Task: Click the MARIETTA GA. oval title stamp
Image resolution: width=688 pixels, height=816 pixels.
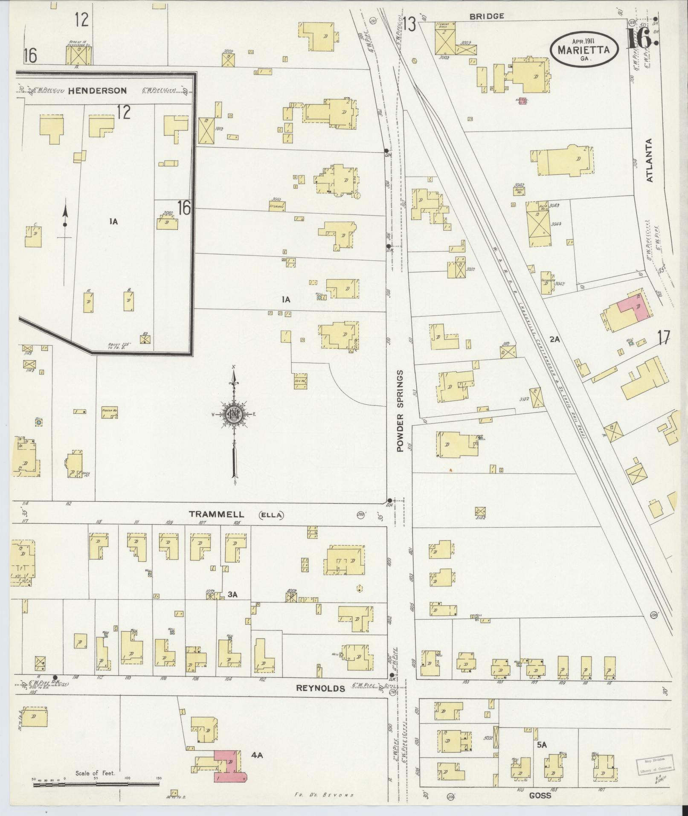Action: point(585,49)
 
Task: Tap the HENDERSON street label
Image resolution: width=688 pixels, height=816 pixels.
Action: point(97,90)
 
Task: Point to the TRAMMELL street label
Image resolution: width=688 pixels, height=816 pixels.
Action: point(217,514)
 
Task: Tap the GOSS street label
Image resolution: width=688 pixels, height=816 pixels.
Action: point(540,796)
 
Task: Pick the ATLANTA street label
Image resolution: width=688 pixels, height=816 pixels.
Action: point(649,160)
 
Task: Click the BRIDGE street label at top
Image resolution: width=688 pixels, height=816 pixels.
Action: point(486,16)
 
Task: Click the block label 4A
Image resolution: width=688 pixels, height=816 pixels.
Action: point(257,755)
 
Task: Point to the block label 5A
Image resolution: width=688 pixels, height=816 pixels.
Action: point(542,745)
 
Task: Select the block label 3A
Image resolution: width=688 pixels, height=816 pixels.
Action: point(232,594)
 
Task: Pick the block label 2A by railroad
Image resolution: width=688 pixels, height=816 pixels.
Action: point(554,339)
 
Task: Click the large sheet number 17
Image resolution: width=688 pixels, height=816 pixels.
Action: point(663,338)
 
